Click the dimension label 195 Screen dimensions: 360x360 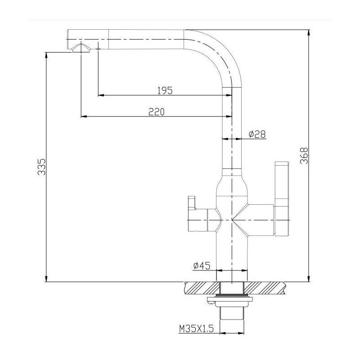pos(165,90)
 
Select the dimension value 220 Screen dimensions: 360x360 pos(156,112)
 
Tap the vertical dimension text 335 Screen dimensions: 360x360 pos(41,166)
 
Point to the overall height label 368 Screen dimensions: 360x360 pos(304,156)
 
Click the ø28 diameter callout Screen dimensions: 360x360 pos(257,134)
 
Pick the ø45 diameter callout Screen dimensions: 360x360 pos(202,265)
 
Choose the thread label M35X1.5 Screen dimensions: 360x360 pos(196,329)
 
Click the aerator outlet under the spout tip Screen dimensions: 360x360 pos(81,49)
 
